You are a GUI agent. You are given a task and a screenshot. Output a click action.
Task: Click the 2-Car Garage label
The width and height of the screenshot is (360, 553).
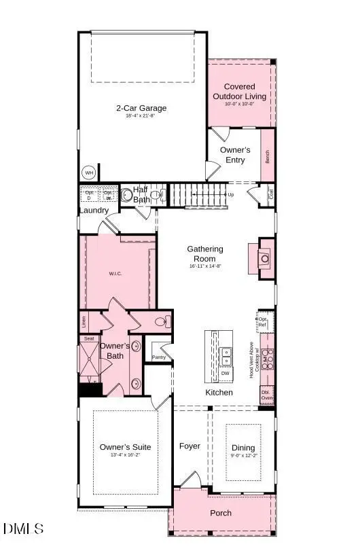tap(141, 107)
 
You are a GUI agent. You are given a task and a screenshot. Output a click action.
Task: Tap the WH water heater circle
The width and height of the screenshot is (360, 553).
tap(89, 172)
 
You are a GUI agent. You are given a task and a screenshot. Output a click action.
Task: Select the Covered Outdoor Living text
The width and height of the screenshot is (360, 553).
tap(239, 92)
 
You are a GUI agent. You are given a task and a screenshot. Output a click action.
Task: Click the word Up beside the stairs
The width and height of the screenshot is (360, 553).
tap(231, 194)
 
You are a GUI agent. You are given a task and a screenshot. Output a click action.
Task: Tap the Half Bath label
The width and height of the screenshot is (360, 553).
tap(141, 194)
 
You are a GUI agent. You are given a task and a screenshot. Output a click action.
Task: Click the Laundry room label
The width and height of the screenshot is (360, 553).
tap(94, 211)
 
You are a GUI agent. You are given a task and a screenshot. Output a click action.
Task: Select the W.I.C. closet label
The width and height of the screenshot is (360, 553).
tap(114, 274)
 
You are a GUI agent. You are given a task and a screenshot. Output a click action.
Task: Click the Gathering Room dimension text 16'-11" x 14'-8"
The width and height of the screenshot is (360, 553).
tap(205, 267)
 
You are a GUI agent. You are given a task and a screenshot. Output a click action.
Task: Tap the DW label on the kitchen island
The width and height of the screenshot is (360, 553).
tap(224, 373)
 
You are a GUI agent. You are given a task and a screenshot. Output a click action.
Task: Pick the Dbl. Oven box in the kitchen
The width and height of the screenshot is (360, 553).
tap(267, 395)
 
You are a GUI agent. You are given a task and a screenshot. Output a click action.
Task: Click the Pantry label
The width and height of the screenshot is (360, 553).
tap(159, 357)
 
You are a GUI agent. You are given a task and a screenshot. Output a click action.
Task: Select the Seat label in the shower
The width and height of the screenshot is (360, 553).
tap(88, 338)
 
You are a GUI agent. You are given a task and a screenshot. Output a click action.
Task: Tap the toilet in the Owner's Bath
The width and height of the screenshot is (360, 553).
tap(162, 322)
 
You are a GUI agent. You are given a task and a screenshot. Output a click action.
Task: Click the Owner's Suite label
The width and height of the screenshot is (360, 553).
tap(125, 447)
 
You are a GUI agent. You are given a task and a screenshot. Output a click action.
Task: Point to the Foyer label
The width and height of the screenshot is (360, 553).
tap(190, 446)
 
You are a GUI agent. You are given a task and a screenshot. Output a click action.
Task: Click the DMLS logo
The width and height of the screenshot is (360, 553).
tap(23, 529)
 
